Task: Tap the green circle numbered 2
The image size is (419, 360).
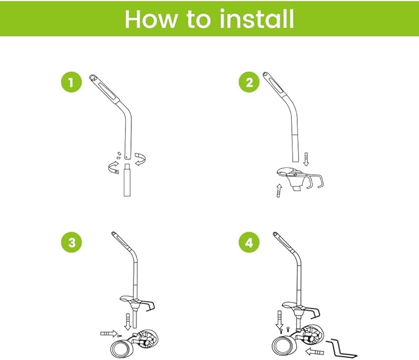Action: [249, 83]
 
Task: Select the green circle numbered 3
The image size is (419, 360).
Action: [72, 243]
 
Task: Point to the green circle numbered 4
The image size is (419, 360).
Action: [249, 243]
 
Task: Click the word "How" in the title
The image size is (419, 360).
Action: [154, 19]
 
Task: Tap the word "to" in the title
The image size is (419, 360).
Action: [199, 19]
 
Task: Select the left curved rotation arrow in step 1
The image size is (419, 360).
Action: [112, 165]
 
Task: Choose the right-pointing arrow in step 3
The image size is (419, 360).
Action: [109, 334]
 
